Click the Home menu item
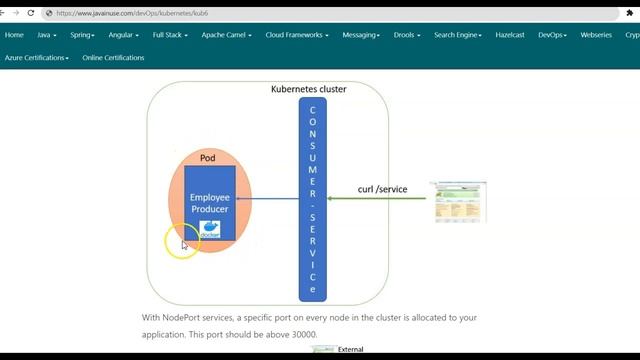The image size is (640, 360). [x=14, y=34]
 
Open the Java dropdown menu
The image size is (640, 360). [x=47, y=34]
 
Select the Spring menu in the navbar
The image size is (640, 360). [x=82, y=34]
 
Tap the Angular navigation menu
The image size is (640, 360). [x=123, y=34]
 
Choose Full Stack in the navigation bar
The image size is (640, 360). [x=170, y=34]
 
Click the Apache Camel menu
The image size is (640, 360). [x=226, y=34]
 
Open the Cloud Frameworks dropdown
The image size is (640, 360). [x=296, y=34]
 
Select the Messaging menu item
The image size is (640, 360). [x=361, y=34]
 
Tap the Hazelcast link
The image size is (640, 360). [x=511, y=34]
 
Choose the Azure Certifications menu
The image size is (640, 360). [x=37, y=58]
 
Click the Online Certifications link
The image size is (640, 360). [x=113, y=58]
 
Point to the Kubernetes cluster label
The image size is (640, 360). [x=309, y=89]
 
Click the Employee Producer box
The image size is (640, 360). [x=210, y=202]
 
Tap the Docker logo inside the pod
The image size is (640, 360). [x=211, y=228]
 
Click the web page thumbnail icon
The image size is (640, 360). [x=458, y=202]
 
